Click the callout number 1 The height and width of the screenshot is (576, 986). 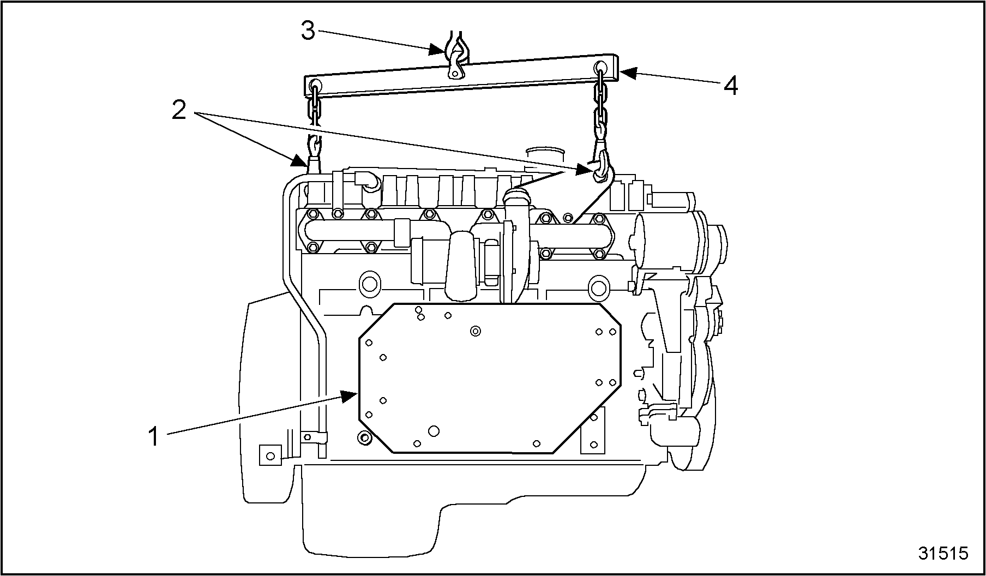[x=154, y=437]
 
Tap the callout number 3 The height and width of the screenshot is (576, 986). [x=308, y=31]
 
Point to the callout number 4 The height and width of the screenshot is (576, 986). [x=730, y=85]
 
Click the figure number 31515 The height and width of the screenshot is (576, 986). [x=943, y=553]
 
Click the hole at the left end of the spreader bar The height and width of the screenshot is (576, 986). [x=314, y=86]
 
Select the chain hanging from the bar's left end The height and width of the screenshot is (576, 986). [x=314, y=109]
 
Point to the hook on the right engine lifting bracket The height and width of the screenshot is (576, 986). [x=601, y=164]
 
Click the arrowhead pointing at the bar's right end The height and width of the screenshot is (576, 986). [x=627, y=73]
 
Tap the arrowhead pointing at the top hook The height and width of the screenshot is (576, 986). [x=437, y=49]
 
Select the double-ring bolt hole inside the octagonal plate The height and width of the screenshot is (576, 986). [x=476, y=331]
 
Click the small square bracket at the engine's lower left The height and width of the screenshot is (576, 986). [x=270, y=454]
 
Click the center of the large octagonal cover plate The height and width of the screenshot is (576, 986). [x=490, y=378]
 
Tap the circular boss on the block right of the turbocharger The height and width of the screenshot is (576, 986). [x=598, y=286]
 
